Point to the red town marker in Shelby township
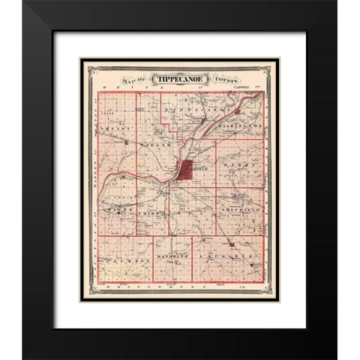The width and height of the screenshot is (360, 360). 127,140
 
